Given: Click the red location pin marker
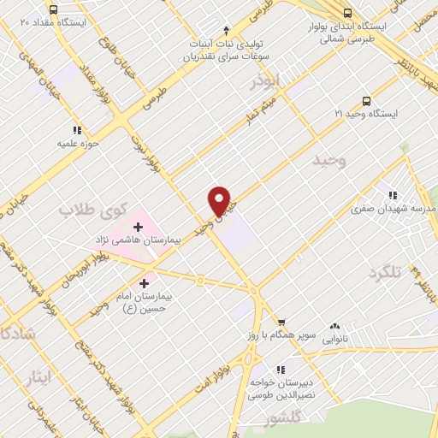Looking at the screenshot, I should (219, 199).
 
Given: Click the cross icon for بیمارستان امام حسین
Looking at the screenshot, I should (143, 281).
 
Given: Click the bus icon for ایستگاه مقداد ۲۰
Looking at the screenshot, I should (54, 9).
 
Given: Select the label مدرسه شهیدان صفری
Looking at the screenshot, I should (395, 208).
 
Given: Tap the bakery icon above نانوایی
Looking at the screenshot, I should (334, 325).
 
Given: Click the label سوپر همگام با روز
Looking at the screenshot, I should (278, 336).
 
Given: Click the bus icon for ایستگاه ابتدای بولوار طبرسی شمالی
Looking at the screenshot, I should (347, 14).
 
